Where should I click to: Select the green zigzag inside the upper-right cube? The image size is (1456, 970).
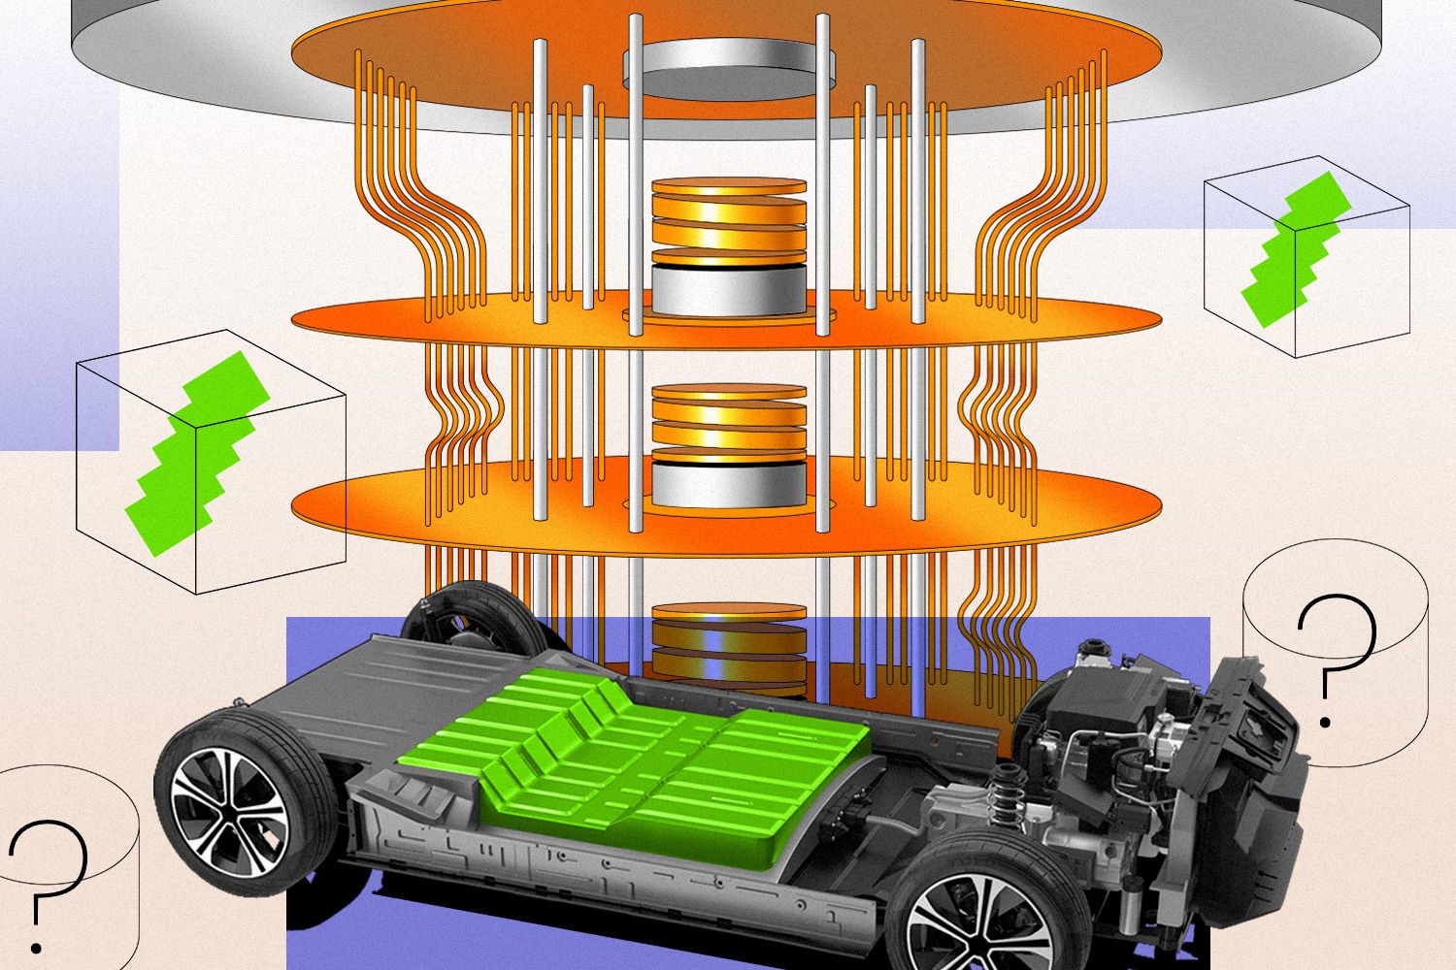1296,247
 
